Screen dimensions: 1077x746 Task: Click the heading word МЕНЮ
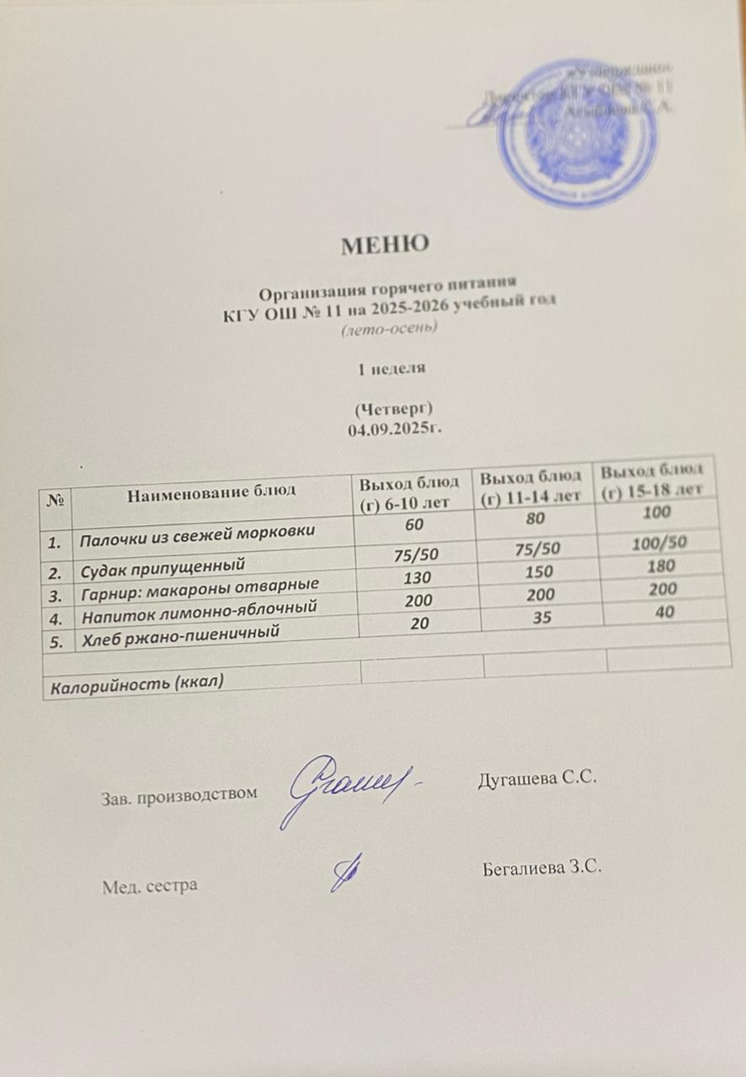[385, 245]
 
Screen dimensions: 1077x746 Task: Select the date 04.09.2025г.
[395, 430]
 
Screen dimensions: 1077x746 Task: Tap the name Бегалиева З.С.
[543, 867]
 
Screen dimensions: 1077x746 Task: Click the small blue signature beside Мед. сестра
[345, 874]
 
